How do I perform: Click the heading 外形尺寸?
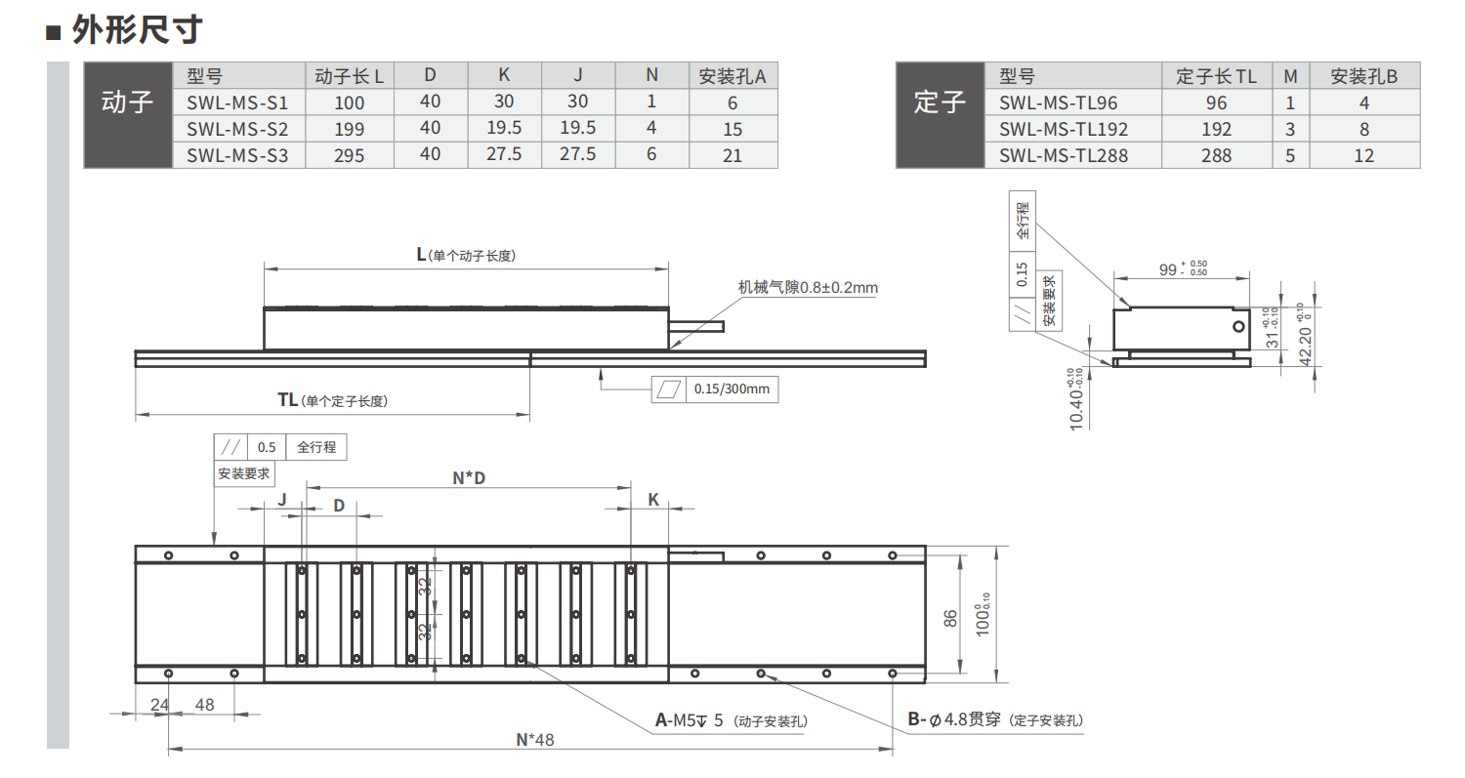(137, 30)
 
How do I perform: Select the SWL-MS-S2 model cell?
(237, 129)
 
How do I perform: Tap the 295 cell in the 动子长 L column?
(350, 155)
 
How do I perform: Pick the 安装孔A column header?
(732, 76)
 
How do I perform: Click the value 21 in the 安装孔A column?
(732, 155)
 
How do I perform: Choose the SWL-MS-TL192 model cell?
(1064, 129)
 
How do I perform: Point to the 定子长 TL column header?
(1217, 76)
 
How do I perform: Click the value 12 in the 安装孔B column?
(1364, 155)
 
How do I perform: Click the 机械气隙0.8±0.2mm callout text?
(808, 287)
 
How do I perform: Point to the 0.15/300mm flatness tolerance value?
(732, 389)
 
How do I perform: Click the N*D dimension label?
(469, 478)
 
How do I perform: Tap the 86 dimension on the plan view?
(950, 618)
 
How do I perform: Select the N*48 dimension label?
(535, 739)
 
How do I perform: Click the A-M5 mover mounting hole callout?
(732, 720)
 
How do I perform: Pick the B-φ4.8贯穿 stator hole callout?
(995, 719)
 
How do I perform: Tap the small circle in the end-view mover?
(1238, 326)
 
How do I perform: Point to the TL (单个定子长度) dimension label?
(332, 400)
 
